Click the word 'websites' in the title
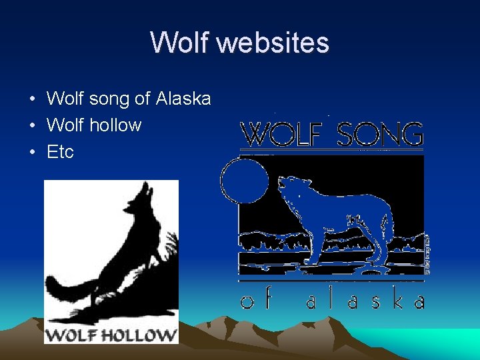[x=273, y=43]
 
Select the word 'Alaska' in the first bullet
[x=183, y=99]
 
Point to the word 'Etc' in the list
[x=60, y=151]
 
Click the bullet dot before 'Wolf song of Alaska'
[x=31, y=100]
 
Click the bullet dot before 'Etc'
[x=31, y=152]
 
